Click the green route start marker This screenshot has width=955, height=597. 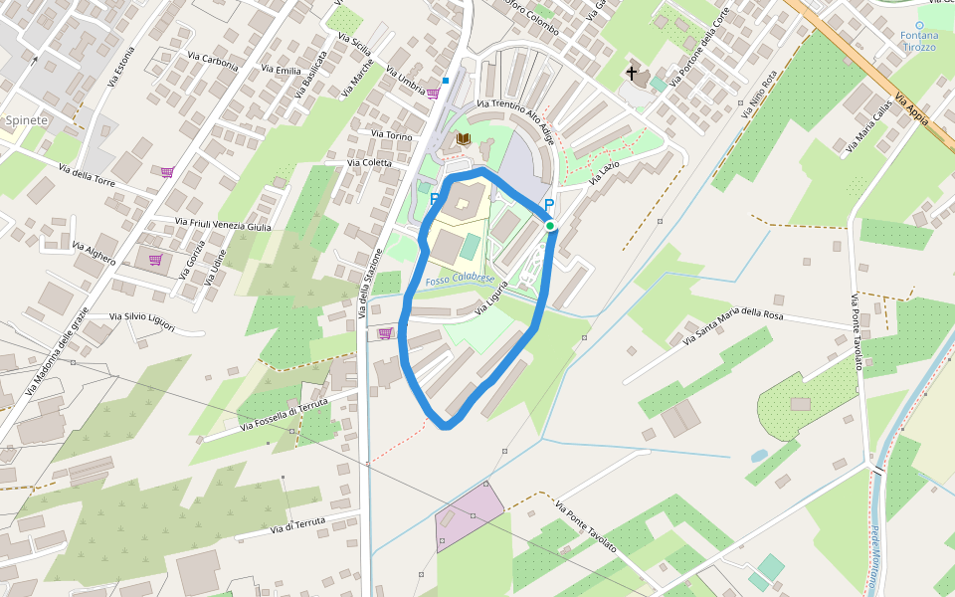550,226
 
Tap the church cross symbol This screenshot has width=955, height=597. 631,74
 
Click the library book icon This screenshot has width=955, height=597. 463,139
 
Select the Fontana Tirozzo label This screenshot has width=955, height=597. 919,41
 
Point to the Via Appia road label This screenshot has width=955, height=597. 911,108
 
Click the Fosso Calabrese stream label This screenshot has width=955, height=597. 460,281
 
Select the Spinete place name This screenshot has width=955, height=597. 26,120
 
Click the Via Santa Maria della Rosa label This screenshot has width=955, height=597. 734,326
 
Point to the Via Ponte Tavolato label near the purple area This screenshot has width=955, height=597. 586,527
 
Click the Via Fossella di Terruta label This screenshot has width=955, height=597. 284,415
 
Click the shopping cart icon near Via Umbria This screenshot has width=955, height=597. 433,94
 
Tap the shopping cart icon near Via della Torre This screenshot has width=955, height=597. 167,172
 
